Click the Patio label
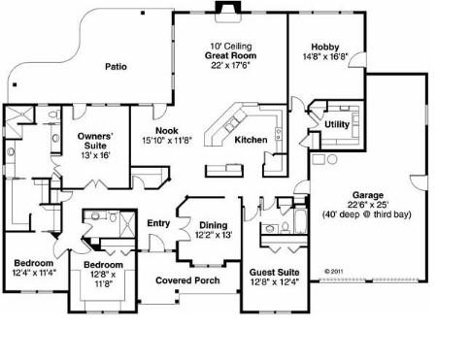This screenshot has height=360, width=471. coord(116,67)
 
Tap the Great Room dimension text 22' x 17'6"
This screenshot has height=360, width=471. coord(231,65)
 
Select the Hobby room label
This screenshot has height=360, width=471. coord(325,47)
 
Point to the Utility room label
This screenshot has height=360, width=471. coord(337,124)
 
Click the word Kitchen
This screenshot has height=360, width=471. coord(251,140)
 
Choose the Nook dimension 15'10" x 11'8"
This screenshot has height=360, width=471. coord(167,141)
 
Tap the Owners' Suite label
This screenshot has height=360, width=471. coord(95,141)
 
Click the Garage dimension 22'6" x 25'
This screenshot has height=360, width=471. coord(368,205)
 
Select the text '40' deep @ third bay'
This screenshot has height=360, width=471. coord(367,214)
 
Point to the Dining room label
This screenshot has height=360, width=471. coord(214,225)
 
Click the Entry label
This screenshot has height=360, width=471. coord(158,223)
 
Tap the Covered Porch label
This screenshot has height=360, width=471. coord(187,280)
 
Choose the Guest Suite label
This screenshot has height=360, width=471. coord(274,273)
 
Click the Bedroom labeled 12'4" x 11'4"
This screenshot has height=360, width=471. coord(34,263)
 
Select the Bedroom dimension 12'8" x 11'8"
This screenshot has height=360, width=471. coord(103,279)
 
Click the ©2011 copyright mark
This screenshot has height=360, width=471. coord(333,271)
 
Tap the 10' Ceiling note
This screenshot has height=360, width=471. coord(231,47)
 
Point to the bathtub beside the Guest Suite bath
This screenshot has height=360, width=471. coord(300,221)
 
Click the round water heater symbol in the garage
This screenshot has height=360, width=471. coord(332,159)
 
